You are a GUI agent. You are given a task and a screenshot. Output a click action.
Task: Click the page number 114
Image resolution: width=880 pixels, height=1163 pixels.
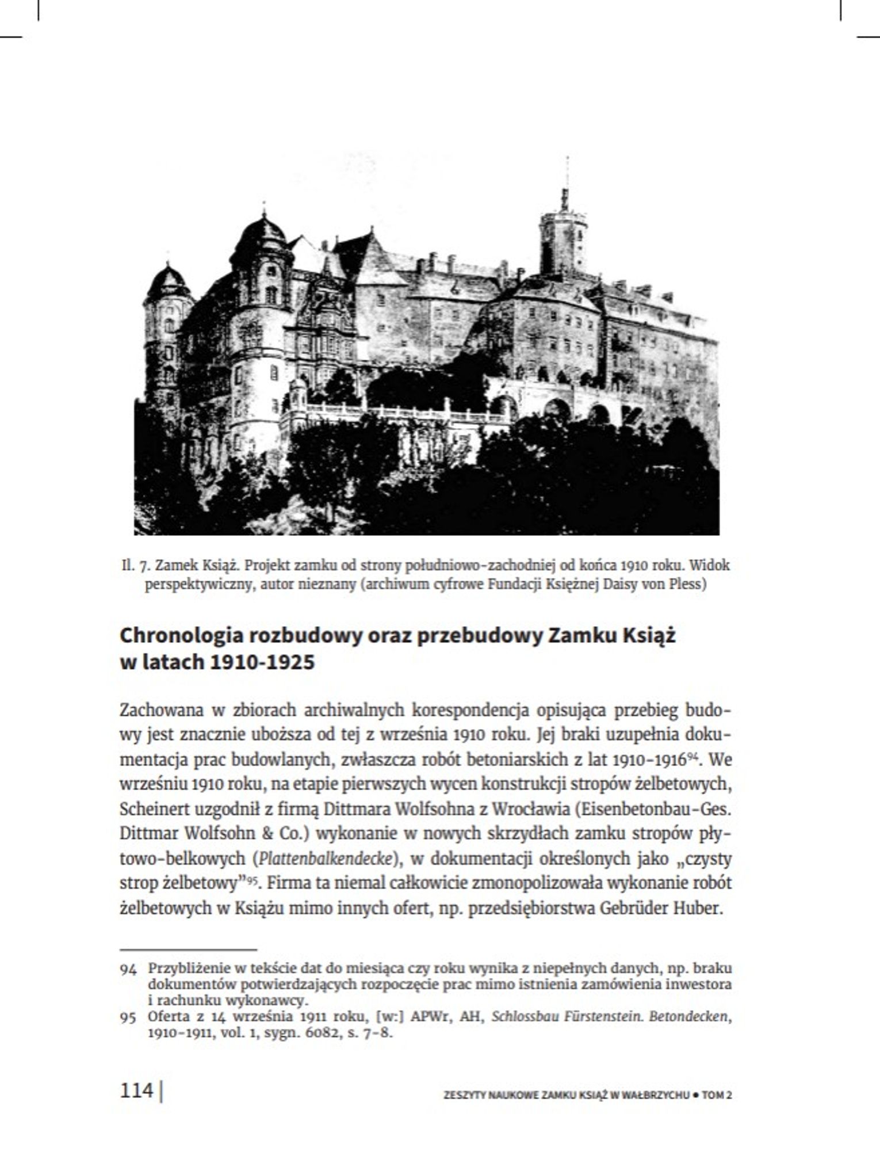pyautogui.click(x=136, y=1090)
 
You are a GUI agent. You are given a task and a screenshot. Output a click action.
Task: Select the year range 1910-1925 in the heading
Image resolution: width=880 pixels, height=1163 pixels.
pyautogui.click(x=262, y=662)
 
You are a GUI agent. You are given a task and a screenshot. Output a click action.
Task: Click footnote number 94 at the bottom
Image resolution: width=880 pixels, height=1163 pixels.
pyautogui.click(x=128, y=970)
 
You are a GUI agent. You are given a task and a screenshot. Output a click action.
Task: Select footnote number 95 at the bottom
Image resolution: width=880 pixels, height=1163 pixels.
pyautogui.click(x=128, y=1018)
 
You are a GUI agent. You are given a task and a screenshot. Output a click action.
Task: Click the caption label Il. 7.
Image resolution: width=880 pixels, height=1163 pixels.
pyautogui.click(x=135, y=566)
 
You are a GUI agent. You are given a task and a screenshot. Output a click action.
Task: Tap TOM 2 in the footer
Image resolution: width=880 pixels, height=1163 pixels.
pyautogui.click(x=717, y=1095)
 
